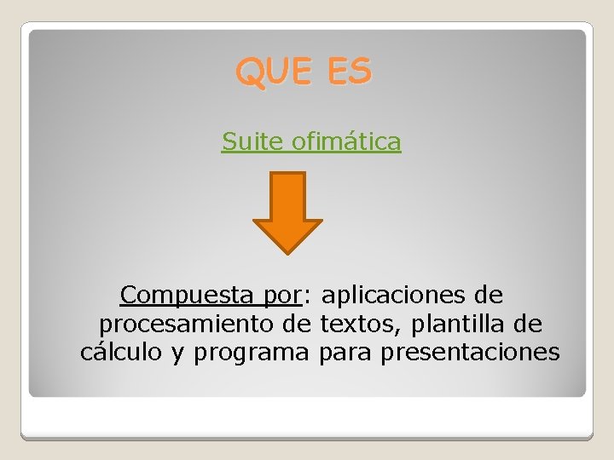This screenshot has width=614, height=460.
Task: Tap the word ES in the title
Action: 347,72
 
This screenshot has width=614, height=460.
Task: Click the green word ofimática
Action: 346,141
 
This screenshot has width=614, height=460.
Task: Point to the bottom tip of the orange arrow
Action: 287,252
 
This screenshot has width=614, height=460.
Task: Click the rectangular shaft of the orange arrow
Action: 287,196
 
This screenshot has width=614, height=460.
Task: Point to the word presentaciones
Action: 470,353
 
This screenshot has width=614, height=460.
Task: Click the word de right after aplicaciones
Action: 487,296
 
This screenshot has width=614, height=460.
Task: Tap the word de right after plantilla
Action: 526,325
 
